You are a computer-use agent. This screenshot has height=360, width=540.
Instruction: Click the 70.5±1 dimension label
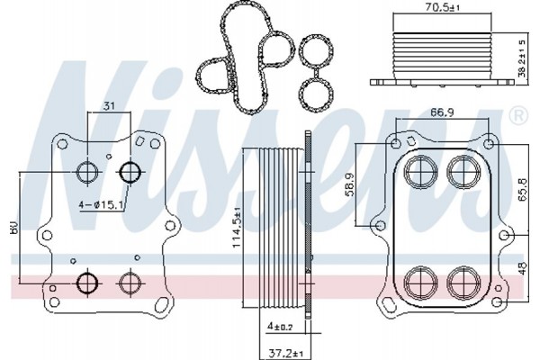coord(442,7)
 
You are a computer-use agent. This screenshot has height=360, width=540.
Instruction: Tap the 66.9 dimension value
coord(442,112)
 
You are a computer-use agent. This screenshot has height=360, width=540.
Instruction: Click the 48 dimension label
coord(522,268)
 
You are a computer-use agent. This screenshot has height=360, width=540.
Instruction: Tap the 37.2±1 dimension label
coord(285,353)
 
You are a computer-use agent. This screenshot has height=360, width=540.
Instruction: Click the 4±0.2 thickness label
coord(281,326)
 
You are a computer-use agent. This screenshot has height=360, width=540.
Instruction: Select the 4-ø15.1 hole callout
coord(101,205)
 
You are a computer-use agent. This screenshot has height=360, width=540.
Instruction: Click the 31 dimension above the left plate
coord(109,106)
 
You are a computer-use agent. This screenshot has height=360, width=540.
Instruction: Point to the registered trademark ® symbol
coord(518,116)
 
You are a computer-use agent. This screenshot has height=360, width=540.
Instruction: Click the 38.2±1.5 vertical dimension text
coord(522,58)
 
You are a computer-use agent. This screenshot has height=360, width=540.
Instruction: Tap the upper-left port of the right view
coord(421,171)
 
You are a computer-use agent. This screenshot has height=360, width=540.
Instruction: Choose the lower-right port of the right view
coord(464,283)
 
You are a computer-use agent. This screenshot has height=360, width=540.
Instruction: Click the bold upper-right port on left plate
coord(130,171)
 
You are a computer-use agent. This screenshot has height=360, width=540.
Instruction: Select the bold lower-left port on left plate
coord(87,283)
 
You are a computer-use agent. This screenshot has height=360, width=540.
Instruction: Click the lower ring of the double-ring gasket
coord(316,94)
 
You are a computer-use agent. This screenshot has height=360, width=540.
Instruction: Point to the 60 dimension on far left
coord(14,229)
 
